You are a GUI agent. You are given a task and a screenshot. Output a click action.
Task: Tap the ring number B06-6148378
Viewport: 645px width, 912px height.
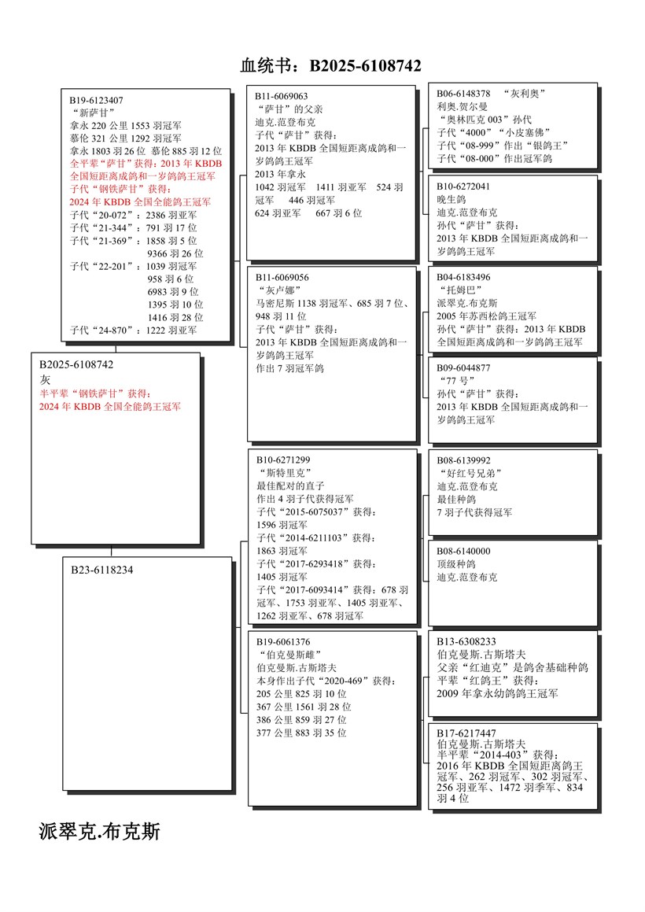464,94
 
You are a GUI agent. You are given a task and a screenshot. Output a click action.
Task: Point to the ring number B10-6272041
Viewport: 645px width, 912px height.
464,186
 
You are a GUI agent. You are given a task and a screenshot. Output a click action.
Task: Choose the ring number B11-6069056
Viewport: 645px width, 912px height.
282,277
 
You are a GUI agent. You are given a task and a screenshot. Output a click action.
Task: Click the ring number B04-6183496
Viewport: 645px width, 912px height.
464,277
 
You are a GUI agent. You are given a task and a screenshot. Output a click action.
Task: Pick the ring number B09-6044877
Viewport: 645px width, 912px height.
464,367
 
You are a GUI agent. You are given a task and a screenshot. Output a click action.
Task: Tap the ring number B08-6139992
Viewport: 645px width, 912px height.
464,460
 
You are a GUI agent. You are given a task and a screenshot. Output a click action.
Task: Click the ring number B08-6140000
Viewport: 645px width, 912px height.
464,551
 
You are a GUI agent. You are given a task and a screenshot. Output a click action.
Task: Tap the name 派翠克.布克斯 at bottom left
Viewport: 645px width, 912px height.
100,831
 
